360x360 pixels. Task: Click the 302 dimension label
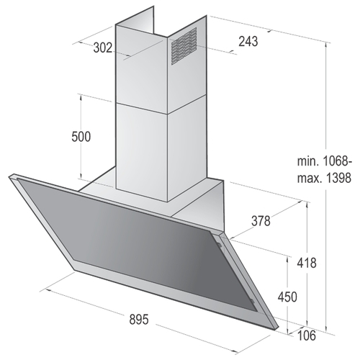coord(103,48)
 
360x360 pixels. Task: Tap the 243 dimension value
coord(248,41)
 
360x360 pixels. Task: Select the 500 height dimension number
coord(81,137)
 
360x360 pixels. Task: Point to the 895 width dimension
coord(139,320)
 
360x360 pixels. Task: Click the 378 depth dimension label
coord(261,220)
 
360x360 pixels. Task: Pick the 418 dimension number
coord(307,263)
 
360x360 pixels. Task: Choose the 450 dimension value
coord(287,297)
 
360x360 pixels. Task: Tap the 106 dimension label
coord(307,336)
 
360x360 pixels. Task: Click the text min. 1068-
coord(325,161)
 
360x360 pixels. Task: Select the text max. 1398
coord(324,178)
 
